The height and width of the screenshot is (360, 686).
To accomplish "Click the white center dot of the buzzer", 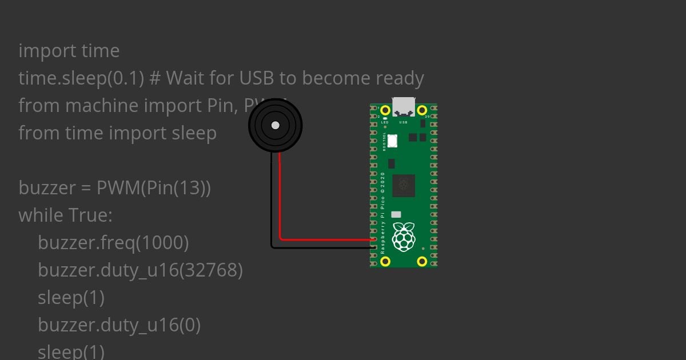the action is click(276, 125).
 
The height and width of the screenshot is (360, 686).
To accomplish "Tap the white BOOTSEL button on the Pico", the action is click(393, 140).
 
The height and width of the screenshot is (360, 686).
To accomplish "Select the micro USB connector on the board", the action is click(404, 106).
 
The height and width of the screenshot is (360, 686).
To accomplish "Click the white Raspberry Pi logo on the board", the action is click(404, 237).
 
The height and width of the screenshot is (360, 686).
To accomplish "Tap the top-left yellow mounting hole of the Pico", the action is click(385, 110).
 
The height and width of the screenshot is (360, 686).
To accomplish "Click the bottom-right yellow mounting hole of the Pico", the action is click(422, 261).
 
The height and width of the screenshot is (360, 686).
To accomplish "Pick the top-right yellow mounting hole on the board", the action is click(422, 110).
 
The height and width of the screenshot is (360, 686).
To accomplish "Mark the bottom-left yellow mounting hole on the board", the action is click(385, 261).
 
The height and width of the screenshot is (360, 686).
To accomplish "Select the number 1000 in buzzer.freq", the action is click(162, 243).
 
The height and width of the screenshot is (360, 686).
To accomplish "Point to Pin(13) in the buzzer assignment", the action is click(177, 188).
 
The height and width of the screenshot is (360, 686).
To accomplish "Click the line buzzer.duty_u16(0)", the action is click(119, 325).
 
